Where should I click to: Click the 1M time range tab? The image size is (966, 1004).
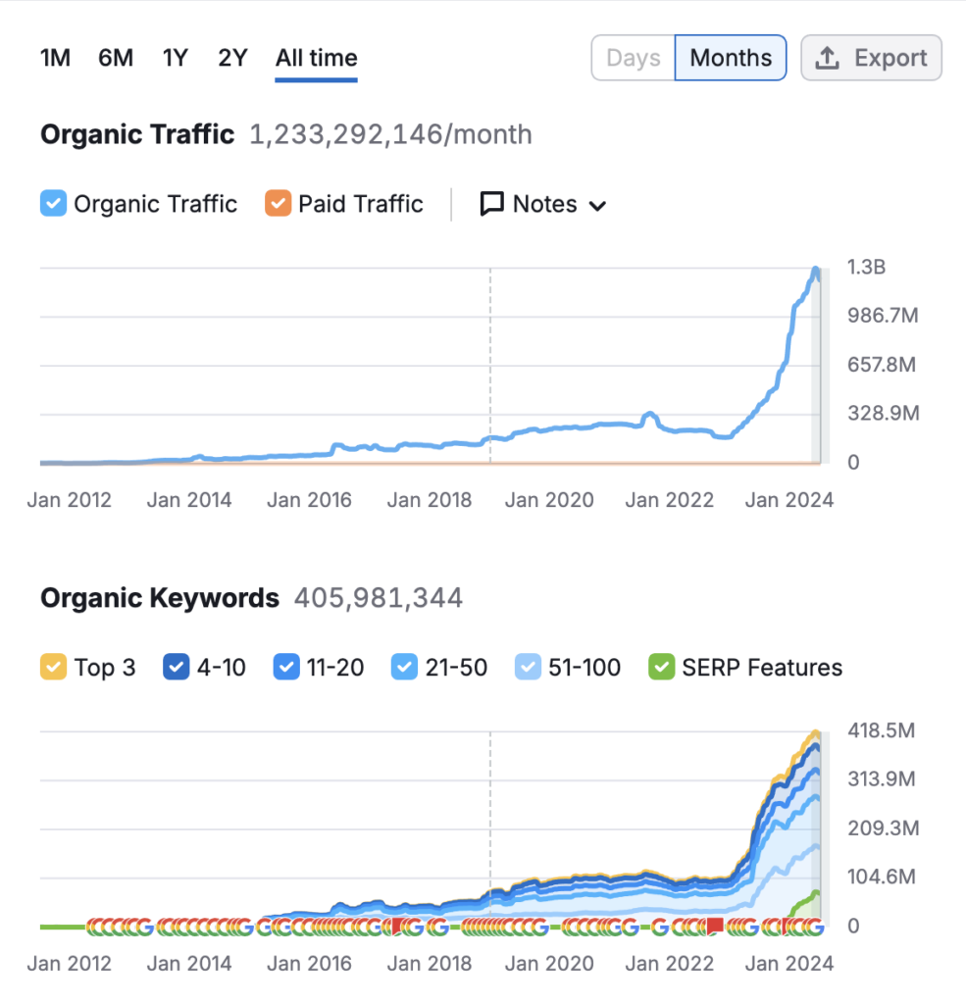point(55,58)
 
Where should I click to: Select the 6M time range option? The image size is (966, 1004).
point(116,58)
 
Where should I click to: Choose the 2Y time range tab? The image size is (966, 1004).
point(232,58)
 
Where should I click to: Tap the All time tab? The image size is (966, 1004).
point(316,58)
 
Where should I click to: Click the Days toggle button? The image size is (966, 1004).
point(634,58)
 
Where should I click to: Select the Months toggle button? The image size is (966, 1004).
point(731,58)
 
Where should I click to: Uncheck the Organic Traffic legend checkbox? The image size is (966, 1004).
point(54,204)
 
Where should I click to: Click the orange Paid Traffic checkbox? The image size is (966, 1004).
point(279,204)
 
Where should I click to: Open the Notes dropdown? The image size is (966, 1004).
point(543,204)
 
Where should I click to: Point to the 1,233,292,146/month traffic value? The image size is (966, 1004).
point(390,134)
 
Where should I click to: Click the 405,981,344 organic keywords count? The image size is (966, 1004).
point(379,597)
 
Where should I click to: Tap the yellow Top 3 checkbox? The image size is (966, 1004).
point(54,668)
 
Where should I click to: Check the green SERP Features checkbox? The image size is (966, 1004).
point(662,668)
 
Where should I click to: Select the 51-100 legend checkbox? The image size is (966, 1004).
point(528,668)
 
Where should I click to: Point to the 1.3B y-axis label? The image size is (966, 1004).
point(866,267)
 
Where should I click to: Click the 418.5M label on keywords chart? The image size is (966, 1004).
point(881,730)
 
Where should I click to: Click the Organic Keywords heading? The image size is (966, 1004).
point(160,597)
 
